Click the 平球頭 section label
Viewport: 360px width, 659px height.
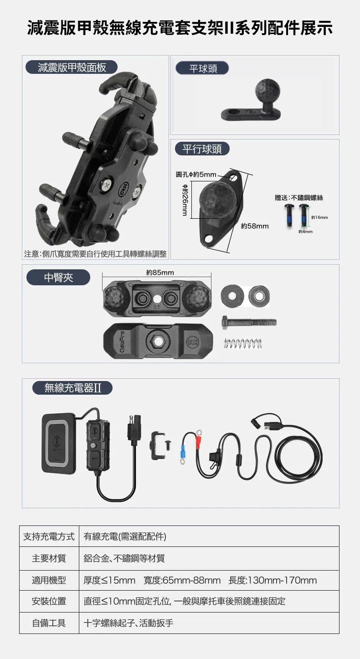202,68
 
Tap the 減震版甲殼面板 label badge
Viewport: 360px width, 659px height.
72,67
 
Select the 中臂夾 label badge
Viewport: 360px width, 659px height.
58,278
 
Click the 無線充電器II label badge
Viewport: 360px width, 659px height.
72,388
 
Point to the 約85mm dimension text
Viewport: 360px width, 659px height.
160,273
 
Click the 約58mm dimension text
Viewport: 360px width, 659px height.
255,226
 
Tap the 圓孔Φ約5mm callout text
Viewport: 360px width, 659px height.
196,175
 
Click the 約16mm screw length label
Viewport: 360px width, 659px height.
319,217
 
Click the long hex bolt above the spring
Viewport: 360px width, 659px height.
249,322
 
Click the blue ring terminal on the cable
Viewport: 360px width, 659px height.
183,453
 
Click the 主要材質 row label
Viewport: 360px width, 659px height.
49,558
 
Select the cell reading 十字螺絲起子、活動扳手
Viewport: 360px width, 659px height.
129,623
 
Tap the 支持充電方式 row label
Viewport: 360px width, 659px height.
49,536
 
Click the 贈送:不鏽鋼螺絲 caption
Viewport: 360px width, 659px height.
299,198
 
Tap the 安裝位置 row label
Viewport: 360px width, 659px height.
49,601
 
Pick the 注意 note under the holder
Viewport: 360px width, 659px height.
95,254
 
